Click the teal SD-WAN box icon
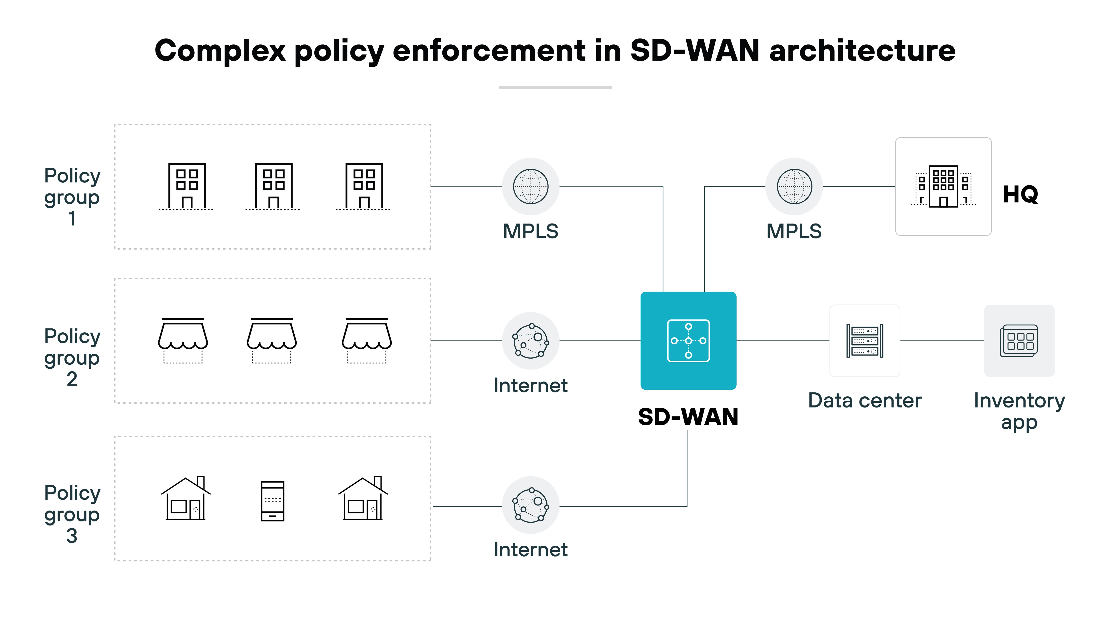click(x=688, y=341)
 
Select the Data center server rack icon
click(x=865, y=341)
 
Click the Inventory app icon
click(x=1019, y=341)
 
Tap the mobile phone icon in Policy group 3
click(x=273, y=501)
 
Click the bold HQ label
click(x=1020, y=195)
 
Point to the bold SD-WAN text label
click(x=688, y=417)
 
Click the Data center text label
click(x=865, y=401)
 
